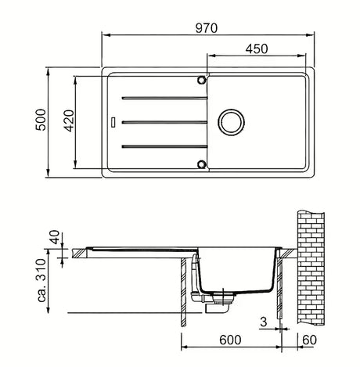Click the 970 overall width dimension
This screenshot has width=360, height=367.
tap(207, 28)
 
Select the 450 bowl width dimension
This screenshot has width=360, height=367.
tap(257, 49)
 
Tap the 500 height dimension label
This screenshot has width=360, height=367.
tap(41, 120)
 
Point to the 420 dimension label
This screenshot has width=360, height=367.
tap(69, 121)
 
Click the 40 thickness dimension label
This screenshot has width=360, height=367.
tap(55, 237)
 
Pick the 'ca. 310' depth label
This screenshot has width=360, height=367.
tap(41, 281)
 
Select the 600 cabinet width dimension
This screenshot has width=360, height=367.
tap(230, 340)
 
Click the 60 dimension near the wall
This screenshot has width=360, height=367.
tap(309, 340)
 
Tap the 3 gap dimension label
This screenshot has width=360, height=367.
tap(264, 322)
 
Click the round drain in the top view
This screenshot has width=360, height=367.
tap(231, 122)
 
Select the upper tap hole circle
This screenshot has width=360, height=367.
tap(201, 80)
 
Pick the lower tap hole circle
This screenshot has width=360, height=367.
tap(201, 164)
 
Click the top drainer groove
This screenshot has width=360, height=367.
tap(164, 98)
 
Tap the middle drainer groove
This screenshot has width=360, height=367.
tap(164, 122)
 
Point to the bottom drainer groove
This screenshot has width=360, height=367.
tap(164, 146)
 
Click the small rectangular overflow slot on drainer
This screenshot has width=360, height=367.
tap(113, 122)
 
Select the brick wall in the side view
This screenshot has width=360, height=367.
tap(311, 268)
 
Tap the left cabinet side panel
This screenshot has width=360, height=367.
tap(184, 292)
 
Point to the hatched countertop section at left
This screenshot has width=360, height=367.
tap(79, 254)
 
